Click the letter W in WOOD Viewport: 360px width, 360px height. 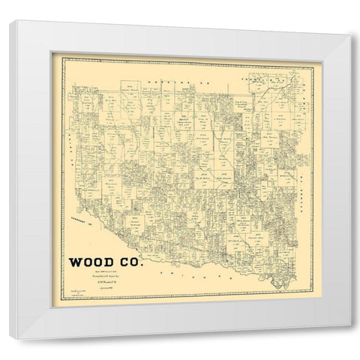point(75,263)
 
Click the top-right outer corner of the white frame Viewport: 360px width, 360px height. point(350,10)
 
